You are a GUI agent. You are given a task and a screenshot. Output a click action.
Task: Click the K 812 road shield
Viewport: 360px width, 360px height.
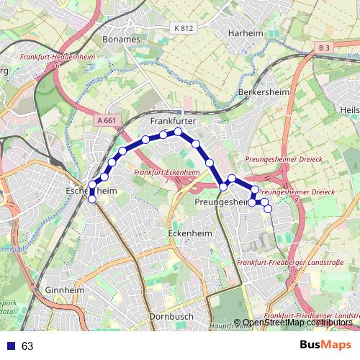[184, 28]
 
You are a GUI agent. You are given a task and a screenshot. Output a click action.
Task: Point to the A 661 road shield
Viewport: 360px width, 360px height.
[106, 120]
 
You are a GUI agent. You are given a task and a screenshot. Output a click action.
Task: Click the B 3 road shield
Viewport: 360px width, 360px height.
[325, 48]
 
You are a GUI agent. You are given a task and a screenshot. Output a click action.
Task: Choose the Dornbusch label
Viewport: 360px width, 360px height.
[168, 317]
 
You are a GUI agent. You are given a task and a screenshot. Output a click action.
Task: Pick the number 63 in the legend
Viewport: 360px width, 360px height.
[27, 346]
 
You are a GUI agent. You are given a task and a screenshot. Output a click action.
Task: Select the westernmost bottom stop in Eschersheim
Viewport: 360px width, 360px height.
[91, 199]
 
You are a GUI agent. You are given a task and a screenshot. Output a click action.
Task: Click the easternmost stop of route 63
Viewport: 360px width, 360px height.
[268, 210]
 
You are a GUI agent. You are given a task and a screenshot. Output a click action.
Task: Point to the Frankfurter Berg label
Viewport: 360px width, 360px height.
[175, 122]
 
